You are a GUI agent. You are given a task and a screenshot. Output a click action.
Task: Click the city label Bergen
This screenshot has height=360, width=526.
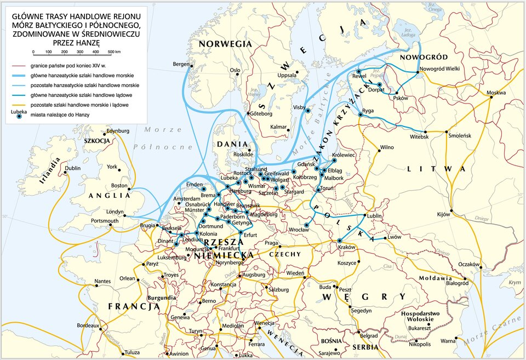click(180, 64)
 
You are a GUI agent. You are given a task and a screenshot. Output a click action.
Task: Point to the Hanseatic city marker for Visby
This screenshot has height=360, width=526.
click(308, 111)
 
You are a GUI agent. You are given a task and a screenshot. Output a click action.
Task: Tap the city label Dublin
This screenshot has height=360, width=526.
click(72, 169)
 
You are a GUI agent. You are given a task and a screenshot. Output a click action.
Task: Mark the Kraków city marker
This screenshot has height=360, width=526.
click(340, 241)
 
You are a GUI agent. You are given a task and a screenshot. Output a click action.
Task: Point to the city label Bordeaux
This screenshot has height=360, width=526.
click(88, 325)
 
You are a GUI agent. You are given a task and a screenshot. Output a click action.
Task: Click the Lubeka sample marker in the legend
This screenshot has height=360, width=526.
click(20, 117)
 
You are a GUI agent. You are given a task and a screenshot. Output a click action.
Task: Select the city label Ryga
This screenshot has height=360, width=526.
click(368, 111)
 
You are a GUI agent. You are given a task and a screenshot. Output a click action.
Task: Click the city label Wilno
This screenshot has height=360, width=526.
click(387, 147)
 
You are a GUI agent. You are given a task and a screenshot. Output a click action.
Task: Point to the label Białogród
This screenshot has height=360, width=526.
click(458, 283)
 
